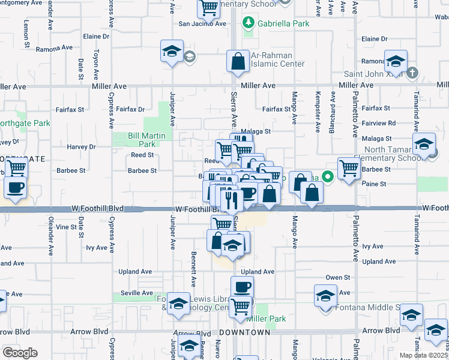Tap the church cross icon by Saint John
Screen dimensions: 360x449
click(411, 73)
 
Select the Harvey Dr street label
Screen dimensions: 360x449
click(82, 146)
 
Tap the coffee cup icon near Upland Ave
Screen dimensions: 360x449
click(242, 287)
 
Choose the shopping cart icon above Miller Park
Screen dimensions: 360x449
click(241, 305)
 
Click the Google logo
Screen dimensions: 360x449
click(19, 353)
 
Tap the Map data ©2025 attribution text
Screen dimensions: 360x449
click(424, 355)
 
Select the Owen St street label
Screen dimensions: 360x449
click(337, 277)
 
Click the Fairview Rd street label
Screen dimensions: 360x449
click(383, 123)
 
